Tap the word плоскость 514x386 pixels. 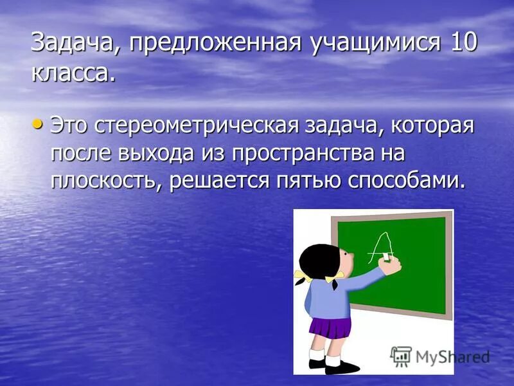coord(105,181)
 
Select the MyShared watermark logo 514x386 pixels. coord(440,356)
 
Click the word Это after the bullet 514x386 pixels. coord(71,125)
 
